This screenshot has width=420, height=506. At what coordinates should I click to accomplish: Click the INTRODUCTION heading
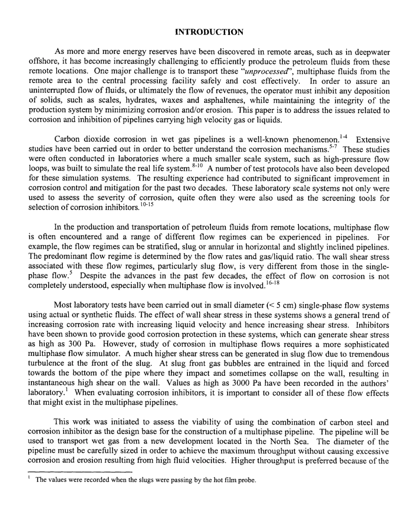coord(210,32)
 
